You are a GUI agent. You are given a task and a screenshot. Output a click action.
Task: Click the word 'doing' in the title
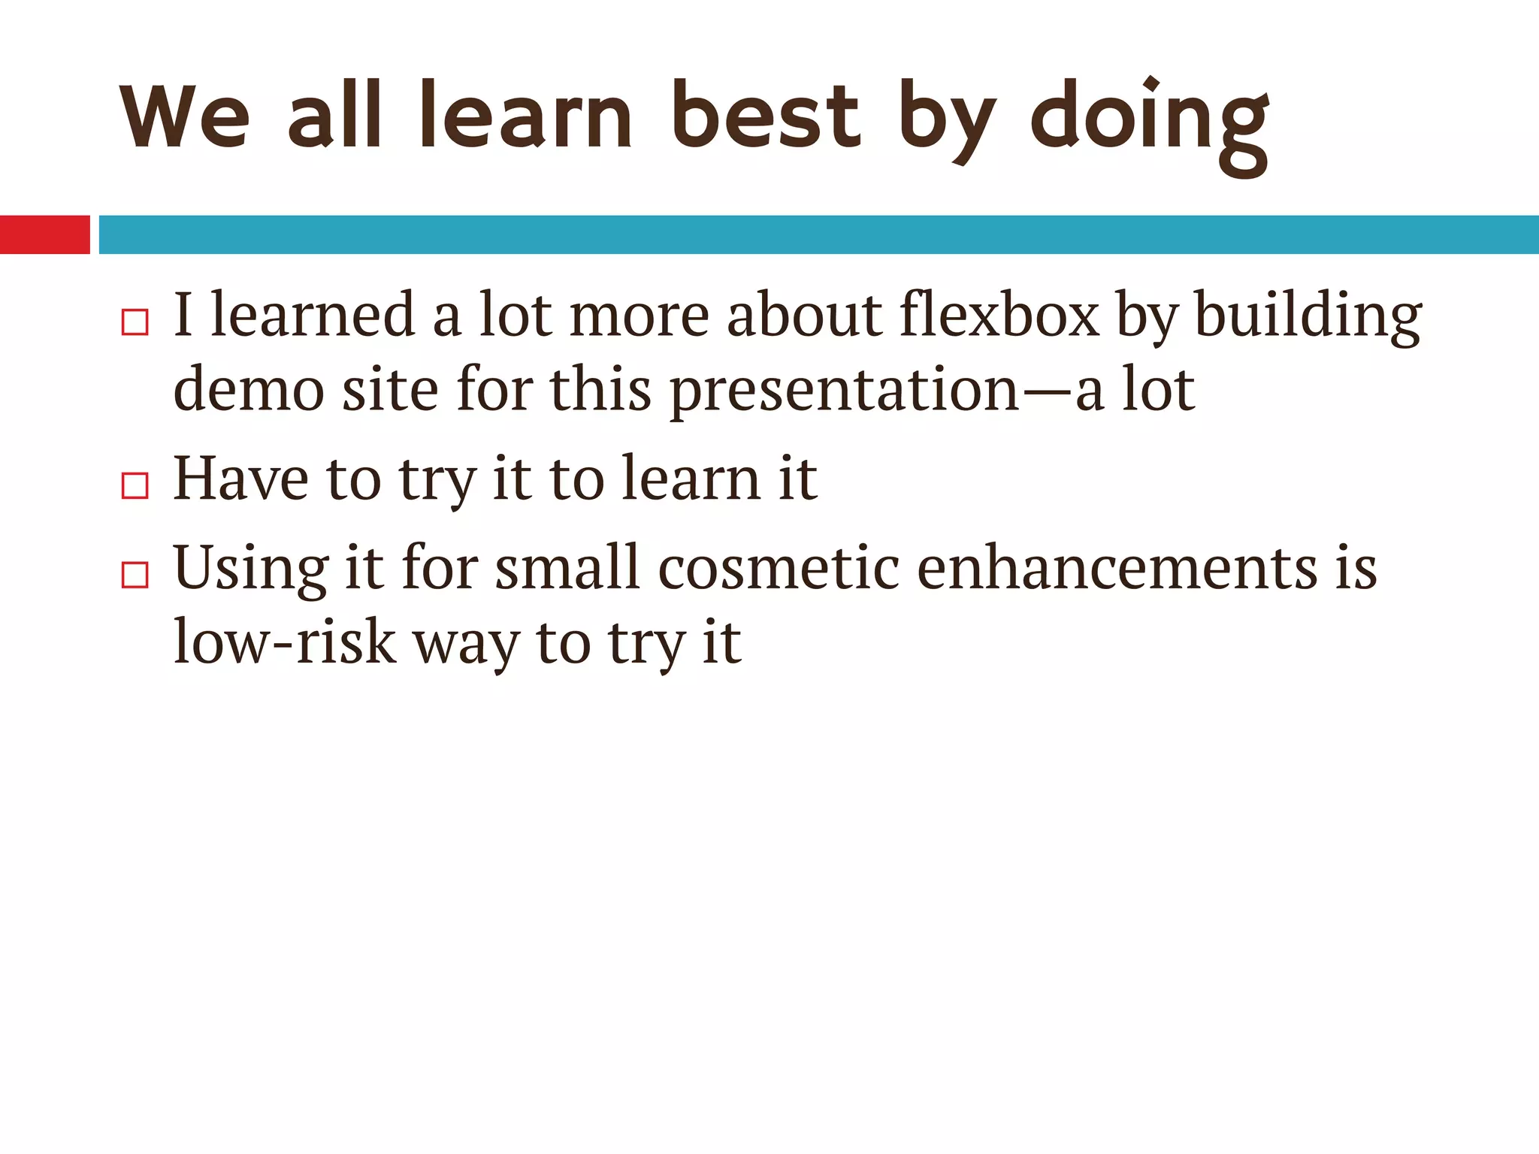point(1150,120)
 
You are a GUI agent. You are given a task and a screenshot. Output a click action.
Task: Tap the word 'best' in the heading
point(765,116)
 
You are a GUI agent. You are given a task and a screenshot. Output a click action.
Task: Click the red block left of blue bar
point(44,234)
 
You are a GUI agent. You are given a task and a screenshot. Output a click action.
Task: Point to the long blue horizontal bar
point(819,234)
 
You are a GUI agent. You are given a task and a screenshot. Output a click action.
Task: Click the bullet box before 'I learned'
point(135,322)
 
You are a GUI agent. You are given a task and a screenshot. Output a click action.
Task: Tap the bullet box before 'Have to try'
point(135,486)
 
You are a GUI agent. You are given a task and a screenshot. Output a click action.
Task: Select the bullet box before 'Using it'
point(135,575)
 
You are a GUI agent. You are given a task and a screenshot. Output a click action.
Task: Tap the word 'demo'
point(249,391)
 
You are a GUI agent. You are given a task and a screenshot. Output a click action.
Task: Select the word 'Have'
point(240,479)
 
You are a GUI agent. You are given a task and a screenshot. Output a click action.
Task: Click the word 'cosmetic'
point(779,568)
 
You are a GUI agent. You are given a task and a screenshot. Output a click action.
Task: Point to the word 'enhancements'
point(1117,568)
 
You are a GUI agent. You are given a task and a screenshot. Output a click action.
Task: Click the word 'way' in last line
point(466,646)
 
